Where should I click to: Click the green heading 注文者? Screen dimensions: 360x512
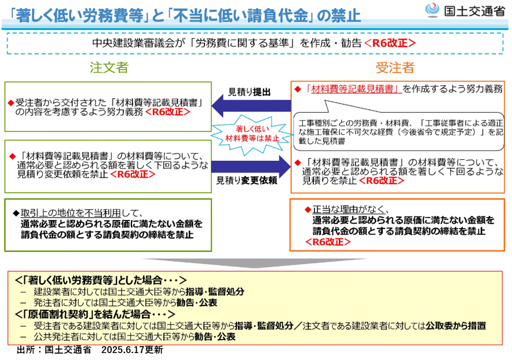(109, 67)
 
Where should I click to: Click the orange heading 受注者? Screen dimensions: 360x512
(395, 67)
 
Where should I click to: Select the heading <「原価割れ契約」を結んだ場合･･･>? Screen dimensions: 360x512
(94, 314)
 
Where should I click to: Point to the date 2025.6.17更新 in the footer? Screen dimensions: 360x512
(132, 350)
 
